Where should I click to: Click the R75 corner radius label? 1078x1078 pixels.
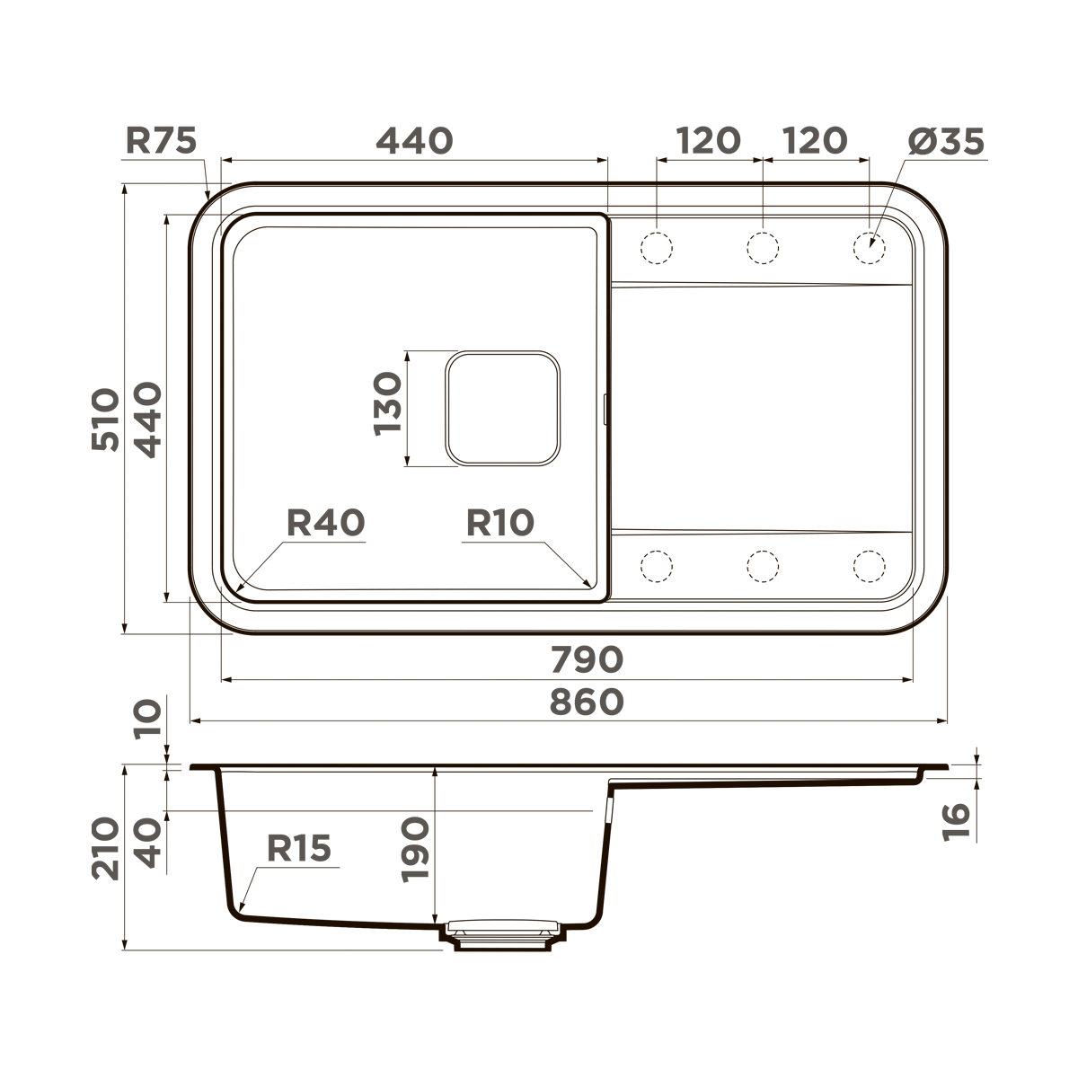[161, 140]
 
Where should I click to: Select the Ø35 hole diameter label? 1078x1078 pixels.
[945, 140]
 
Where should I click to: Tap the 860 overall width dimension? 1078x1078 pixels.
[586, 702]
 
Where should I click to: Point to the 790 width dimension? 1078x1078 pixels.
[586, 659]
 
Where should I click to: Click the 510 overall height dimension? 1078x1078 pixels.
[105, 420]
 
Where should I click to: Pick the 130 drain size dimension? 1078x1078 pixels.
[387, 404]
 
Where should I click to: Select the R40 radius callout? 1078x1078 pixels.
[325, 522]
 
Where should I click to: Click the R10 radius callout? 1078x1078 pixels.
[499, 522]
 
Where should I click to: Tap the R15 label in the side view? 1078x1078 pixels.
[299, 847]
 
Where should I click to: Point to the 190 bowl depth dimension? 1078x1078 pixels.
[416, 849]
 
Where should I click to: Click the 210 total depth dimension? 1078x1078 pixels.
[105, 848]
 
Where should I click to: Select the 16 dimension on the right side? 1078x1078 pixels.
[959, 821]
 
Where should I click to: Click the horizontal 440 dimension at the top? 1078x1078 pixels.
[414, 140]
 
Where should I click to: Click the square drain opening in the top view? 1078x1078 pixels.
[503, 408]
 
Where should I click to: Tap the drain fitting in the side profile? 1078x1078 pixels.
[502, 934]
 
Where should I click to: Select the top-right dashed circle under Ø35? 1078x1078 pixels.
[869, 246]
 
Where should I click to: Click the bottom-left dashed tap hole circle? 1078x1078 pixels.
[656, 565]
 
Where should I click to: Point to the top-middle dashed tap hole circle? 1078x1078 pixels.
[762, 246]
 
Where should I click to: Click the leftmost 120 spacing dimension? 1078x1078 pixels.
[709, 140]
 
